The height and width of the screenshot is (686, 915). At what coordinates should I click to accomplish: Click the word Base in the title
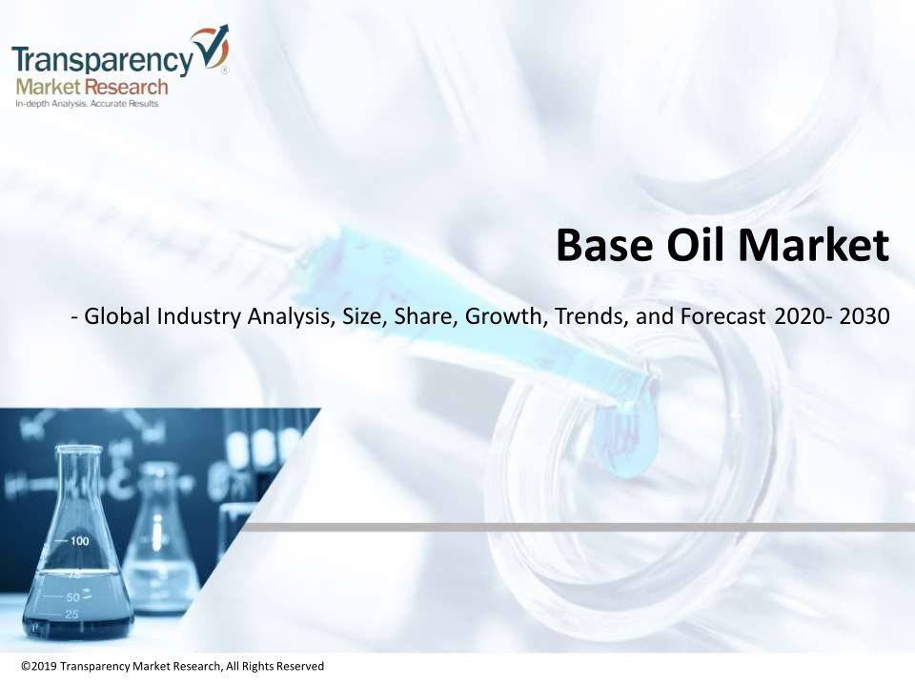pyautogui.click(x=604, y=245)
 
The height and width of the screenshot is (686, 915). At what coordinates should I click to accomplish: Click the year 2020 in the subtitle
pyautogui.click(x=799, y=316)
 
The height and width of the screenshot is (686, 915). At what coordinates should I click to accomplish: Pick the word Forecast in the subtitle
pyautogui.click(x=722, y=316)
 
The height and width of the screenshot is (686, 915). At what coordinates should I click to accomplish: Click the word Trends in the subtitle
pyautogui.click(x=591, y=316)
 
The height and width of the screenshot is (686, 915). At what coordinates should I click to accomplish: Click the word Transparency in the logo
pyautogui.click(x=102, y=59)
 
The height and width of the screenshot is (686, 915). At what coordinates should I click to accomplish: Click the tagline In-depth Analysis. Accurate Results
pyautogui.click(x=87, y=104)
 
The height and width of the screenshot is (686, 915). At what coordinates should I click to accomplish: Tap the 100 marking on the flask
pyautogui.click(x=80, y=541)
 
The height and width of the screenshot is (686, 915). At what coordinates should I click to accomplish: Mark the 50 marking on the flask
pyautogui.click(x=73, y=597)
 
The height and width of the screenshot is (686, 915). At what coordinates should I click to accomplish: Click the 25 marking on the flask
pyautogui.click(x=71, y=615)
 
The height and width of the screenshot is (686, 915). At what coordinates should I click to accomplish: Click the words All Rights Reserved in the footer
pyautogui.click(x=274, y=666)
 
